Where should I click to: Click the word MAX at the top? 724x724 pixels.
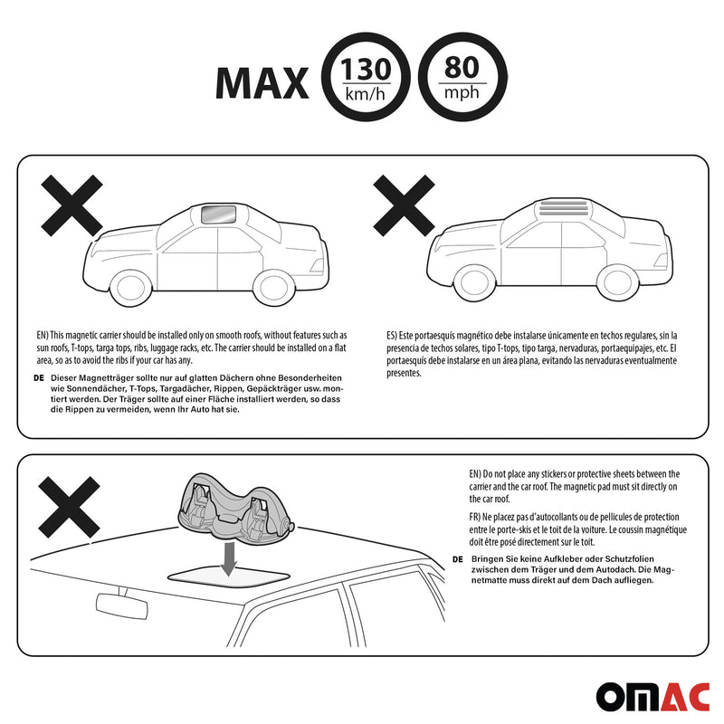(262, 83)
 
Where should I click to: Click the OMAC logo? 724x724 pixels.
(653, 697)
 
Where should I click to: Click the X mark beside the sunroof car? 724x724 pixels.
(71, 205)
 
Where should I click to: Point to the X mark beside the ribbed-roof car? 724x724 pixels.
(404, 205)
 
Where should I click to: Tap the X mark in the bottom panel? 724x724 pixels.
(70, 507)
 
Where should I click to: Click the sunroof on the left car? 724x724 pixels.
(219, 214)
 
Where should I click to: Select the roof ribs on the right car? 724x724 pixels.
(563, 208)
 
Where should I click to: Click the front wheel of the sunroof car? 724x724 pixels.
(130, 287)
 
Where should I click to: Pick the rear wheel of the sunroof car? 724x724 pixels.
(274, 287)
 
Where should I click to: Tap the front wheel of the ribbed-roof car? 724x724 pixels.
(474, 282)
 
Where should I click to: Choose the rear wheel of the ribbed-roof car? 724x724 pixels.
(617, 282)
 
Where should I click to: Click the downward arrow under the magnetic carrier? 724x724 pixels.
(228, 558)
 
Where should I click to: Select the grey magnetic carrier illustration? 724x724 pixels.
(235, 510)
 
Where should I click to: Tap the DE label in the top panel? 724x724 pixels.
(39, 377)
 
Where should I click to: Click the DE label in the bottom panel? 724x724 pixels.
(458, 559)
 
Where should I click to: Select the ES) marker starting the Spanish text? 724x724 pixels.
(392, 336)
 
